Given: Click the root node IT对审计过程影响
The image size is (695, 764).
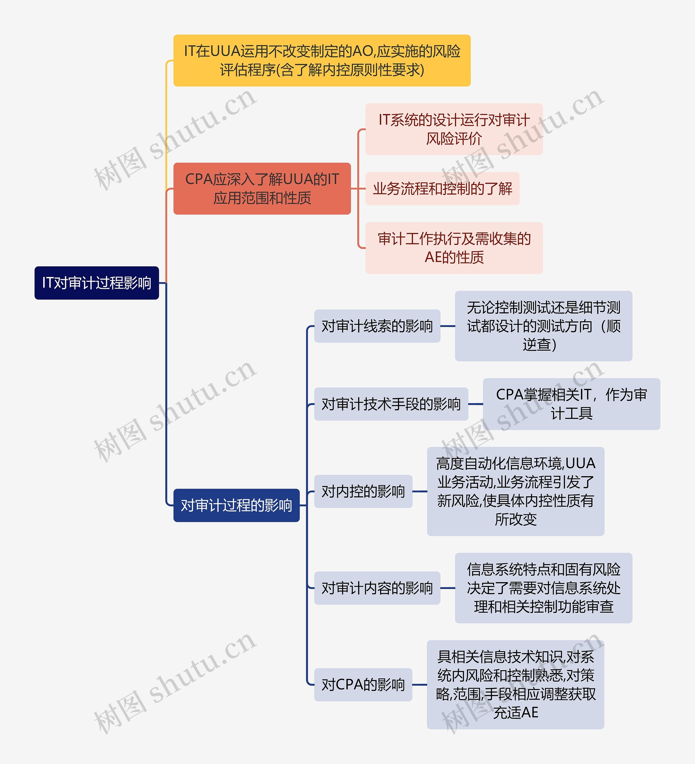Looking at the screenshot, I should click(x=97, y=283).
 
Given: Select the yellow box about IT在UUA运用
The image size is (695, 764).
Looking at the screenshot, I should click(x=322, y=61).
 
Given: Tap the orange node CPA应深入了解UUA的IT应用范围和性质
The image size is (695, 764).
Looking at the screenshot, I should click(x=262, y=188).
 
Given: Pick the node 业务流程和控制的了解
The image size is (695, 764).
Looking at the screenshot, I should click(x=442, y=188).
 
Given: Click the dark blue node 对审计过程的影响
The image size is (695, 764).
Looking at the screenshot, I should click(x=236, y=505).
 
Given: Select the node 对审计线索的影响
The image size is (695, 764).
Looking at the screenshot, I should click(x=377, y=326).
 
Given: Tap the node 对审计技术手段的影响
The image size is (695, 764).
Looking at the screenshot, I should click(x=391, y=404).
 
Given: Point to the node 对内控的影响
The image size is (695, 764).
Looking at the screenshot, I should click(x=363, y=491).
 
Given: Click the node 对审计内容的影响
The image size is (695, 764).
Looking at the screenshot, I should click(x=377, y=588).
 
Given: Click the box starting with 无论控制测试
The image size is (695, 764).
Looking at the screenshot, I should click(x=543, y=326).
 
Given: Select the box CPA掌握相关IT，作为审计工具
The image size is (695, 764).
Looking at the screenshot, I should click(x=571, y=404).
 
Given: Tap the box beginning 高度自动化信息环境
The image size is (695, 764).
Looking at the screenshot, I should click(x=516, y=491).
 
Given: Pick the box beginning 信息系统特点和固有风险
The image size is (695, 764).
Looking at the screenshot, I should click(x=543, y=588).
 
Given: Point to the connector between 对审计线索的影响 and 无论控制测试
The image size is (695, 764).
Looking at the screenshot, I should click(x=447, y=326).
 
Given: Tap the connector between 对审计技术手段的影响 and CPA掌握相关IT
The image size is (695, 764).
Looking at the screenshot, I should click(x=475, y=404).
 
